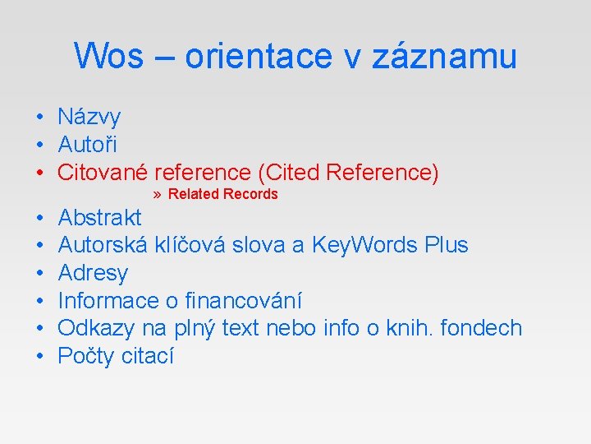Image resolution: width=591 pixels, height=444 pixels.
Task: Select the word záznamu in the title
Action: coord(444,56)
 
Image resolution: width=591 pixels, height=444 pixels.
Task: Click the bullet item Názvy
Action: coord(89,118)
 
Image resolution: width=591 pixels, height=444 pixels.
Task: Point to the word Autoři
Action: coord(87,145)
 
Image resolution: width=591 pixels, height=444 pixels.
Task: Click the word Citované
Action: coord(102,173)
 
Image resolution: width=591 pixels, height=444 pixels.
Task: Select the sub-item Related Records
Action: coord(222,194)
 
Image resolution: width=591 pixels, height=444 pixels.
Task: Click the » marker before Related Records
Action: coord(158,195)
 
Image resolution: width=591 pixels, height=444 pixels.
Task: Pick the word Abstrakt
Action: coord(99,218)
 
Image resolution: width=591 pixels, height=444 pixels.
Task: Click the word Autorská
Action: coord(103,245)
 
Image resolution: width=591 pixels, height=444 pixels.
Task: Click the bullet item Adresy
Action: coord(93,273)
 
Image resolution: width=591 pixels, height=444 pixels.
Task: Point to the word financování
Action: coord(243,301)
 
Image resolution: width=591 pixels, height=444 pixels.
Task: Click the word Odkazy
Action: coord(97,328)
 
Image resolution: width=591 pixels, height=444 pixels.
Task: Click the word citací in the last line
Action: coord(148,356)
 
